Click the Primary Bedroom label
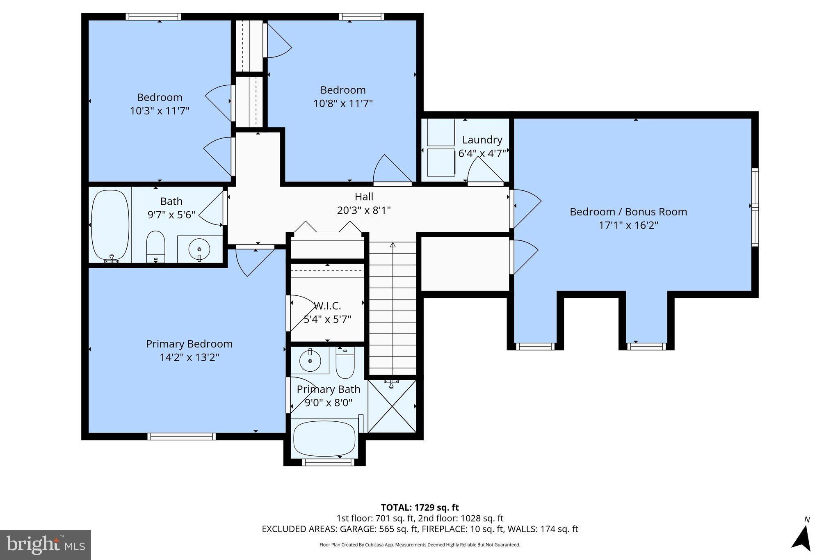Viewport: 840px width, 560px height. pos(189,344)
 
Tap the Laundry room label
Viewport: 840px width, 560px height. pos(482,140)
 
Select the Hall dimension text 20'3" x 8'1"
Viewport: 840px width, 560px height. pos(363,210)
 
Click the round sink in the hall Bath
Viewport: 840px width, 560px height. pos(199,249)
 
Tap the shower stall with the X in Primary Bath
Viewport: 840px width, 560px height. pos(392,406)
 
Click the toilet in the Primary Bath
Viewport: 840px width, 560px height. pos(345,363)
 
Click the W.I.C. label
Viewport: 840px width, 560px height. pos(327,306)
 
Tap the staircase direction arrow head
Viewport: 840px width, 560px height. pos(393,245)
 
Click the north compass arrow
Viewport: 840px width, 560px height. pos(803,538)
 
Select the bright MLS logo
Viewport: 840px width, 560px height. pos(46,545)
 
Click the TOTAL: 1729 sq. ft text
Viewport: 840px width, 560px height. pos(420,507)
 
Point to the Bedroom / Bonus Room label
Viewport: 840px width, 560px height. pos(628,212)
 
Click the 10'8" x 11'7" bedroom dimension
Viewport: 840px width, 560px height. pos(343,103)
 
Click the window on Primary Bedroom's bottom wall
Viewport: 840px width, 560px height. pos(181,436)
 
